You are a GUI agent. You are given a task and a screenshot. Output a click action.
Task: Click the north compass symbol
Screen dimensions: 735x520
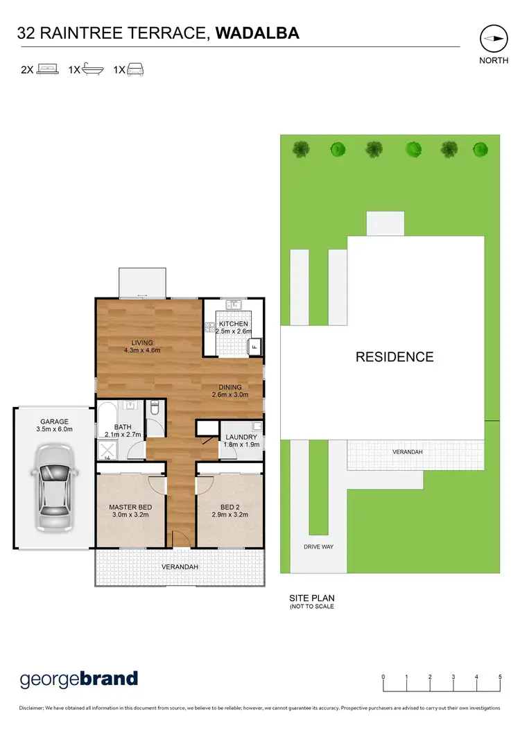pyautogui.click(x=493, y=39)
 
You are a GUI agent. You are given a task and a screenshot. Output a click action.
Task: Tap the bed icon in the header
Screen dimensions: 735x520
pyautogui.click(x=47, y=69)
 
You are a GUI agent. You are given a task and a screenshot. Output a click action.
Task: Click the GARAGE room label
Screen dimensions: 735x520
pyautogui.click(x=54, y=421)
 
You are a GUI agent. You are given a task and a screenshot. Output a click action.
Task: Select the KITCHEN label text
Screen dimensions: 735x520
pyautogui.click(x=233, y=324)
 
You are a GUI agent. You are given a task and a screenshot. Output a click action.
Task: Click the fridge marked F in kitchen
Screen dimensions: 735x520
pyautogui.click(x=254, y=347)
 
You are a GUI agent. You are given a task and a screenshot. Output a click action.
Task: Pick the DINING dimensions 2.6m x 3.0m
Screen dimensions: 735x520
pyautogui.click(x=230, y=395)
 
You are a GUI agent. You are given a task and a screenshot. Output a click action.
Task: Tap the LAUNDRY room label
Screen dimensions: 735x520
pyautogui.click(x=241, y=437)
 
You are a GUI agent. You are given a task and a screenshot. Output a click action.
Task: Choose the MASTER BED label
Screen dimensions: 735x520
pyautogui.click(x=130, y=507)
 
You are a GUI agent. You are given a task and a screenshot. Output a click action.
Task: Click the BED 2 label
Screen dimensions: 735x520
pyautogui.click(x=229, y=507)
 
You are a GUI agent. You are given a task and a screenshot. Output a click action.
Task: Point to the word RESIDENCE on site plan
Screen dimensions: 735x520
pyautogui.click(x=395, y=357)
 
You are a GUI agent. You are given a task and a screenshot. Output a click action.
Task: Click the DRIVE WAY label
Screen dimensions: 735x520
pyautogui.click(x=318, y=547)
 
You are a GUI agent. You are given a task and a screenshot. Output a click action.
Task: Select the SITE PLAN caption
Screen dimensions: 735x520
pyautogui.click(x=311, y=597)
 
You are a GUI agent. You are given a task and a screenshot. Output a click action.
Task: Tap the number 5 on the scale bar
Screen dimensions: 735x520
pyautogui.click(x=500, y=677)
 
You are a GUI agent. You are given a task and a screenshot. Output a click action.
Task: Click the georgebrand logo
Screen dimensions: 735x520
pyautogui.click(x=79, y=679)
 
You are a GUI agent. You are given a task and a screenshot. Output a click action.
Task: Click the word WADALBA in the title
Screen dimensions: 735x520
pyautogui.click(x=257, y=33)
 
